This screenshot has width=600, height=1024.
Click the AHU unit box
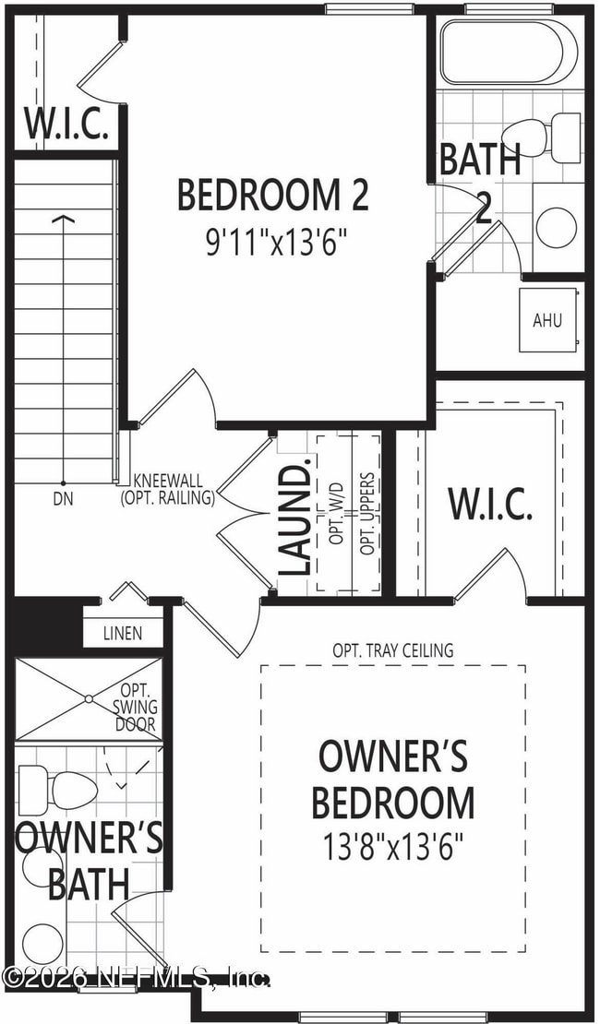(547, 320)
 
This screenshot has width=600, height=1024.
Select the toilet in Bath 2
(545, 137)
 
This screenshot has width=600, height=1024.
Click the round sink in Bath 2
(557, 227)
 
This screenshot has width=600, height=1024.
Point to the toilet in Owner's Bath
(56, 790)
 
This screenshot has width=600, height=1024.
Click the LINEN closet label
(122, 634)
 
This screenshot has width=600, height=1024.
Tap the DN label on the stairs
(64, 500)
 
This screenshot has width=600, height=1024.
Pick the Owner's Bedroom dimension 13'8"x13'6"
(393, 848)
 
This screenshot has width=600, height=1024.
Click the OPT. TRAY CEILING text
(393, 650)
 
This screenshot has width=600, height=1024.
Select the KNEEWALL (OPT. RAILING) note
(167, 490)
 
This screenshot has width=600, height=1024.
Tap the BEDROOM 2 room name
(274, 195)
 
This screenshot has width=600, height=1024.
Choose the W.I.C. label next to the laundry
(490, 505)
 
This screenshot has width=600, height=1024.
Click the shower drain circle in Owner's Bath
(89, 698)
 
